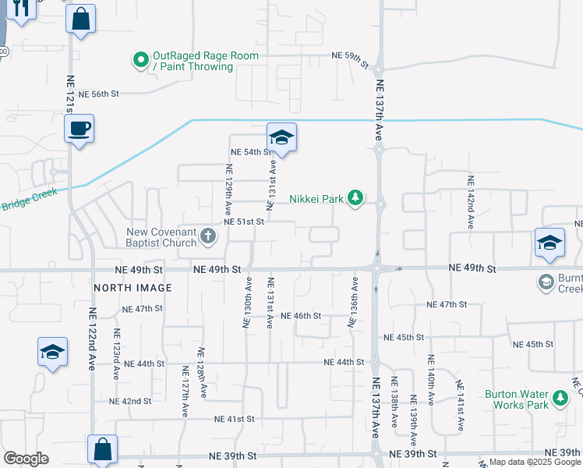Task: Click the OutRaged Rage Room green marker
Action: point(140,59)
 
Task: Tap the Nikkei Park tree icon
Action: point(355,198)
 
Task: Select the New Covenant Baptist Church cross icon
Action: point(207,235)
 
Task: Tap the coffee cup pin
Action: point(79,129)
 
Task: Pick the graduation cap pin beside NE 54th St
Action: point(281,138)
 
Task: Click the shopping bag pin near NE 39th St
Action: point(102,449)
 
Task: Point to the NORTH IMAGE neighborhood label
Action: point(132,288)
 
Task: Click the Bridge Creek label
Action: point(30,204)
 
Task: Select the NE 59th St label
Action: point(348,56)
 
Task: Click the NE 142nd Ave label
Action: point(471,201)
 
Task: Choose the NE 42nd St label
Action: point(129,401)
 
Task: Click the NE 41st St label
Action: point(235,419)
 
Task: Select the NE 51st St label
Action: point(244,222)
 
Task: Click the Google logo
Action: point(26,459)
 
